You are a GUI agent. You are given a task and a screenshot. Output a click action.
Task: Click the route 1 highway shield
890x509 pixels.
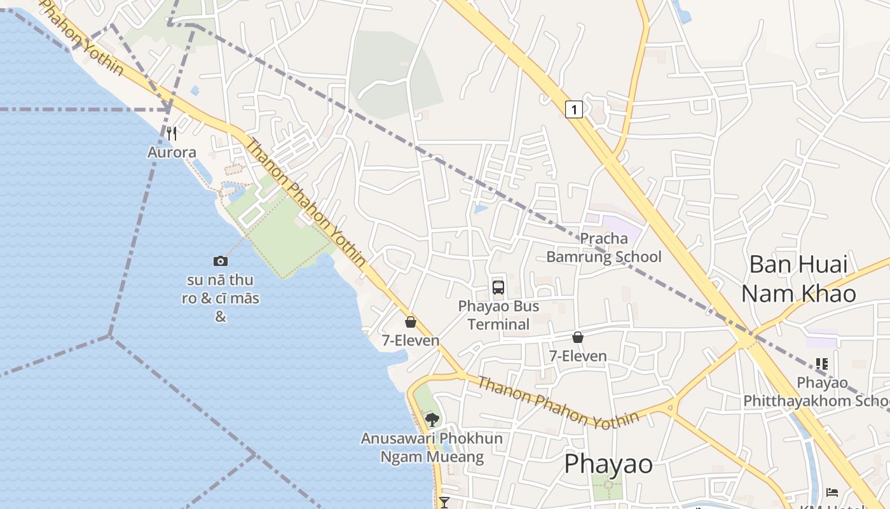pyautogui.click(x=574, y=110)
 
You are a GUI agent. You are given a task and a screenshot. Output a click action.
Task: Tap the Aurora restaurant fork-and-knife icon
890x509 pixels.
pyautogui.click(x=171, y=134)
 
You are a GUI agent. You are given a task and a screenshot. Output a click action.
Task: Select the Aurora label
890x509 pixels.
pyautogui.click(x=172, y=153)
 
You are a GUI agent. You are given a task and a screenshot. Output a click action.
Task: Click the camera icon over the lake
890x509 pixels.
pyautogui.click(x=221, y=261)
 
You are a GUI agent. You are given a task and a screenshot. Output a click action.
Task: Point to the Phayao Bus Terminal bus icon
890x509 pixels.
pyautogui.click(x=498, y=288)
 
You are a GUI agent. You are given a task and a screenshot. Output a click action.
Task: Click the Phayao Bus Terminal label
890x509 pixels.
pyautogui.click(x=498, y=316)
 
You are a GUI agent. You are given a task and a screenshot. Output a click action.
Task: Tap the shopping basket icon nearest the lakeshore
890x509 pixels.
pyautogui.click(x=411, y=322)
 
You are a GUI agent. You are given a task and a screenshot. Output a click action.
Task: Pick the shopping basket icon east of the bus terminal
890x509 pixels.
pyautogui.click(x=578, y=337)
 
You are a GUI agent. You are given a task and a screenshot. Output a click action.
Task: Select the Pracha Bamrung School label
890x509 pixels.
pyautogui.click(x=604, y=248)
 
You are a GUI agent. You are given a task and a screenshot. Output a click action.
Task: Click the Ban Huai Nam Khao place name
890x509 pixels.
pyautogui.click(x=798, y=279)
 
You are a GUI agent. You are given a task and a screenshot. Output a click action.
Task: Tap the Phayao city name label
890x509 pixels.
pyautogui.click(x=608, y=464)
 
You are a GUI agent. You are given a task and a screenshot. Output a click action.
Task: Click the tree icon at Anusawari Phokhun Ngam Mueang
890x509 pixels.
pyautogui.click(x=432, y=419)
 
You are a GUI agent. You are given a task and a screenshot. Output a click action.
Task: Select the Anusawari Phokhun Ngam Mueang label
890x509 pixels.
pyautogui.click(x=432, y=448)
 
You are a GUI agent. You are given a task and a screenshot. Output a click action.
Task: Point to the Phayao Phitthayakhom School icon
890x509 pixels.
pyautogui.click(x=822, y=364)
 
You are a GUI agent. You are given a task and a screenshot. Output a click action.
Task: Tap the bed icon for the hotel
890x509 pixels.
pyautogui.click(x=832, y=492)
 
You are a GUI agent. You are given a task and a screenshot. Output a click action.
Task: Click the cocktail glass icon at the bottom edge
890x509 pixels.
pyautogui.click(x=444, y=503)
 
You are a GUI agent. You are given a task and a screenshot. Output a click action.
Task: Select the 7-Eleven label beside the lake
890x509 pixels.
pyautogui.click(x=411, y=340)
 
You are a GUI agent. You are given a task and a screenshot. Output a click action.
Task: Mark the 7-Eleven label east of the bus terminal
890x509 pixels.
pyautogui.click(x=578, y=356)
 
